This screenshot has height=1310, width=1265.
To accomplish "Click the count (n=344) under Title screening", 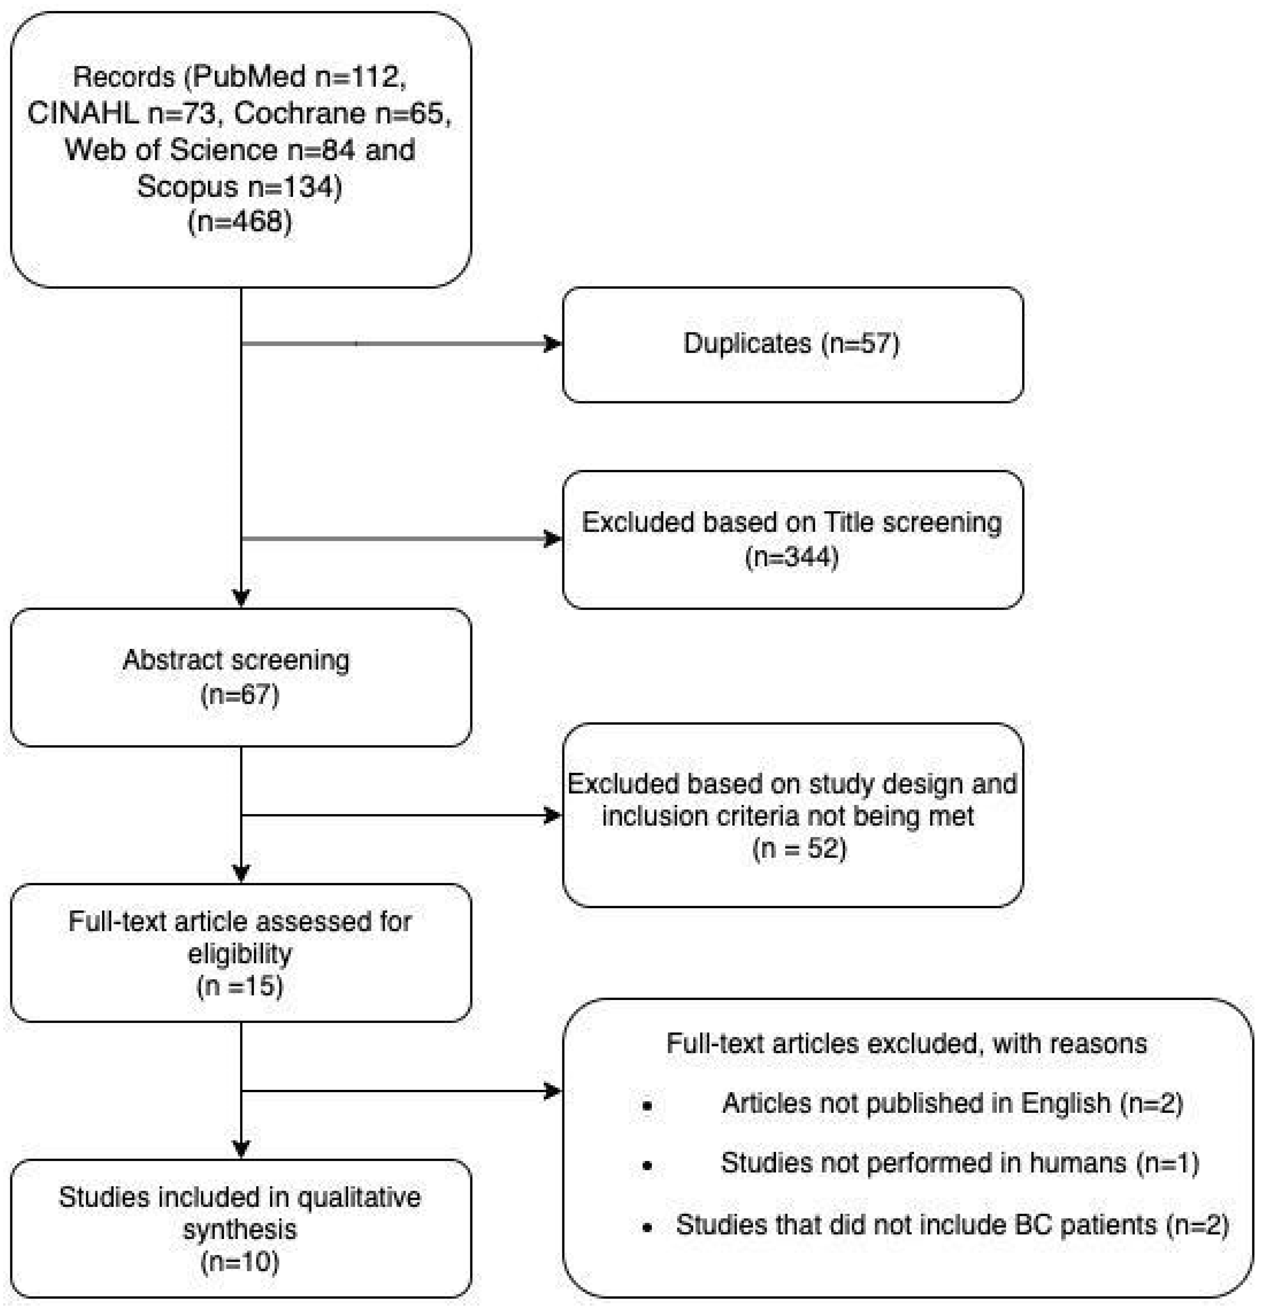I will click(792, 557).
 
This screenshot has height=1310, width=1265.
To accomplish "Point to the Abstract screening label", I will click(236, 660).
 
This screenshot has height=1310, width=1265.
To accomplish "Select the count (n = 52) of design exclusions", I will click(799, 849).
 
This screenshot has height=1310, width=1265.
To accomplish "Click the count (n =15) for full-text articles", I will click(240, 986).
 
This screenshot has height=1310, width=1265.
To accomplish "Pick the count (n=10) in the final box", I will click(240, 1262).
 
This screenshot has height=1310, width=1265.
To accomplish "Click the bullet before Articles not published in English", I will click(647, 1106).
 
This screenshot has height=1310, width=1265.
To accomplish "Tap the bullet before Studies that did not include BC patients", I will click(647, 1227).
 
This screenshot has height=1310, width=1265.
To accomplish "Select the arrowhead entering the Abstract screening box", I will click(241, 598).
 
